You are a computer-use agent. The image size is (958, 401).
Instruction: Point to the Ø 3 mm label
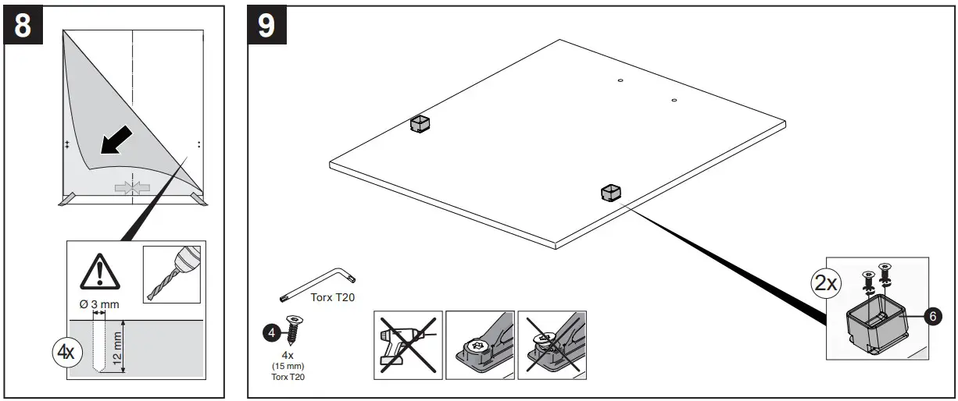click(x=100, y=304)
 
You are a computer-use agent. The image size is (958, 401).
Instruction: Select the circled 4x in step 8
click(x=65, y=351)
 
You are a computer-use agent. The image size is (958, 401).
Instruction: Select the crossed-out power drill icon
click(x=409, y=345)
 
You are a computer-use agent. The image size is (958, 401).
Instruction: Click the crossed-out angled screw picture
click(x=552, y=345)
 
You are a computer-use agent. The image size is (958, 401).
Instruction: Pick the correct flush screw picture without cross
click(x=480, y=345)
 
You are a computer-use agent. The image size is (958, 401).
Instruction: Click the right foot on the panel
click(x=611, y=191)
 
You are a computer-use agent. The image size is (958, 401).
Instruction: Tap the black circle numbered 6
click(x=931, y=317)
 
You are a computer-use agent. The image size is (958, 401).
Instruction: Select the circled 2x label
click(x=828, y=283)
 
